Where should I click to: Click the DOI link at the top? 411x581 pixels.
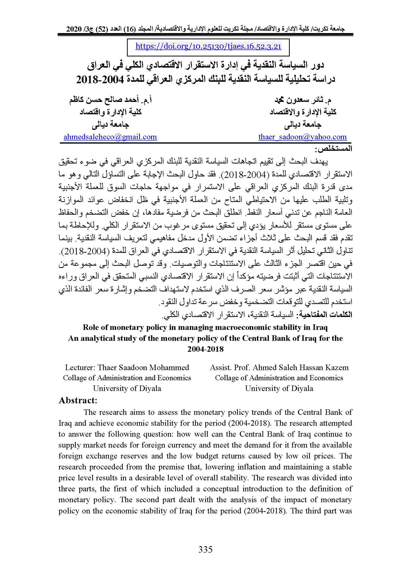[208, 46]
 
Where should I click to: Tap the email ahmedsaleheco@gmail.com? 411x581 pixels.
[110, 137]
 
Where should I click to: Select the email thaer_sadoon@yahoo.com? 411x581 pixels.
[302, 137]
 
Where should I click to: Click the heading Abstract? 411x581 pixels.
[78, 400]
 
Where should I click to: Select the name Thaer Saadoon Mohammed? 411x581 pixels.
[143, 367]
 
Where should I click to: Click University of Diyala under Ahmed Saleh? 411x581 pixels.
[279, 388]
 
